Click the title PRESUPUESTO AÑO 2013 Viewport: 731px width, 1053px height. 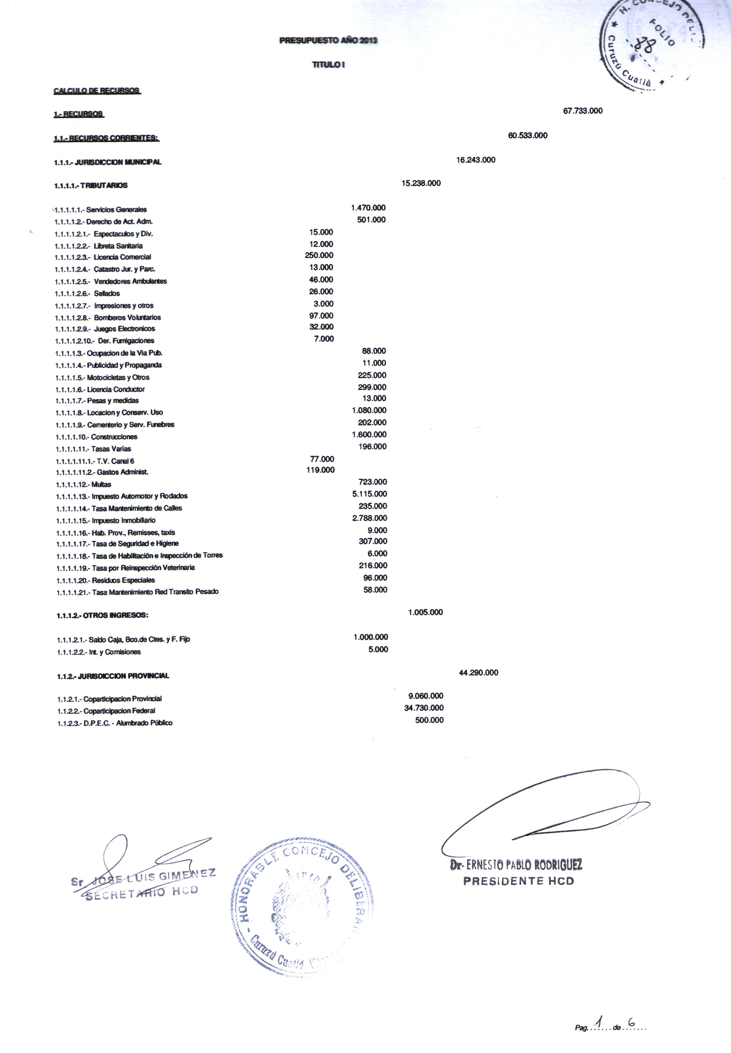[x=328, y=41]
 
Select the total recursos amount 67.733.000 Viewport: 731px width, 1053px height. [x=583, y=111]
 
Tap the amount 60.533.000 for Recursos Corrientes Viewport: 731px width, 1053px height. [x=528, y=136]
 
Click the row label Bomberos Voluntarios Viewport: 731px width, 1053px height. [x=127, y=317]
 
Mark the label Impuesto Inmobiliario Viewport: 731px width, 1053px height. [x=123, y=520]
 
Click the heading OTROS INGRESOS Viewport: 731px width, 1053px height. [x=116, y=615]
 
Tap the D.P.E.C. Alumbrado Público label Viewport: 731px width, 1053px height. [x=128, y=723]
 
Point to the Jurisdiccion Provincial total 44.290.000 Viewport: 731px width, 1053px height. [x=478, y=673]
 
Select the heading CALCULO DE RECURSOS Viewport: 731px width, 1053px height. [x=97, y=91]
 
